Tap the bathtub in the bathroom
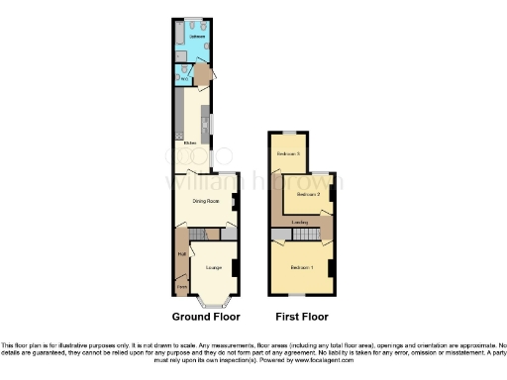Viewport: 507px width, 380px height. click(x=178, y=37)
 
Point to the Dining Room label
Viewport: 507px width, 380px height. click(x=205, y=201)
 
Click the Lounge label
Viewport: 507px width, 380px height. click(x=212, y=267)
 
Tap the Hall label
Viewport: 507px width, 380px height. click(x=182, y=254)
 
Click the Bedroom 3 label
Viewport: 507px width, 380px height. click(x=287, y=153)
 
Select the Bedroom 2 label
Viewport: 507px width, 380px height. click(x=308, y=194)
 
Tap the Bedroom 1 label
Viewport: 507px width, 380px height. click(x=301, y=267)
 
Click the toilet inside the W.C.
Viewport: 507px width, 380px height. click(x=179, y=80)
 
